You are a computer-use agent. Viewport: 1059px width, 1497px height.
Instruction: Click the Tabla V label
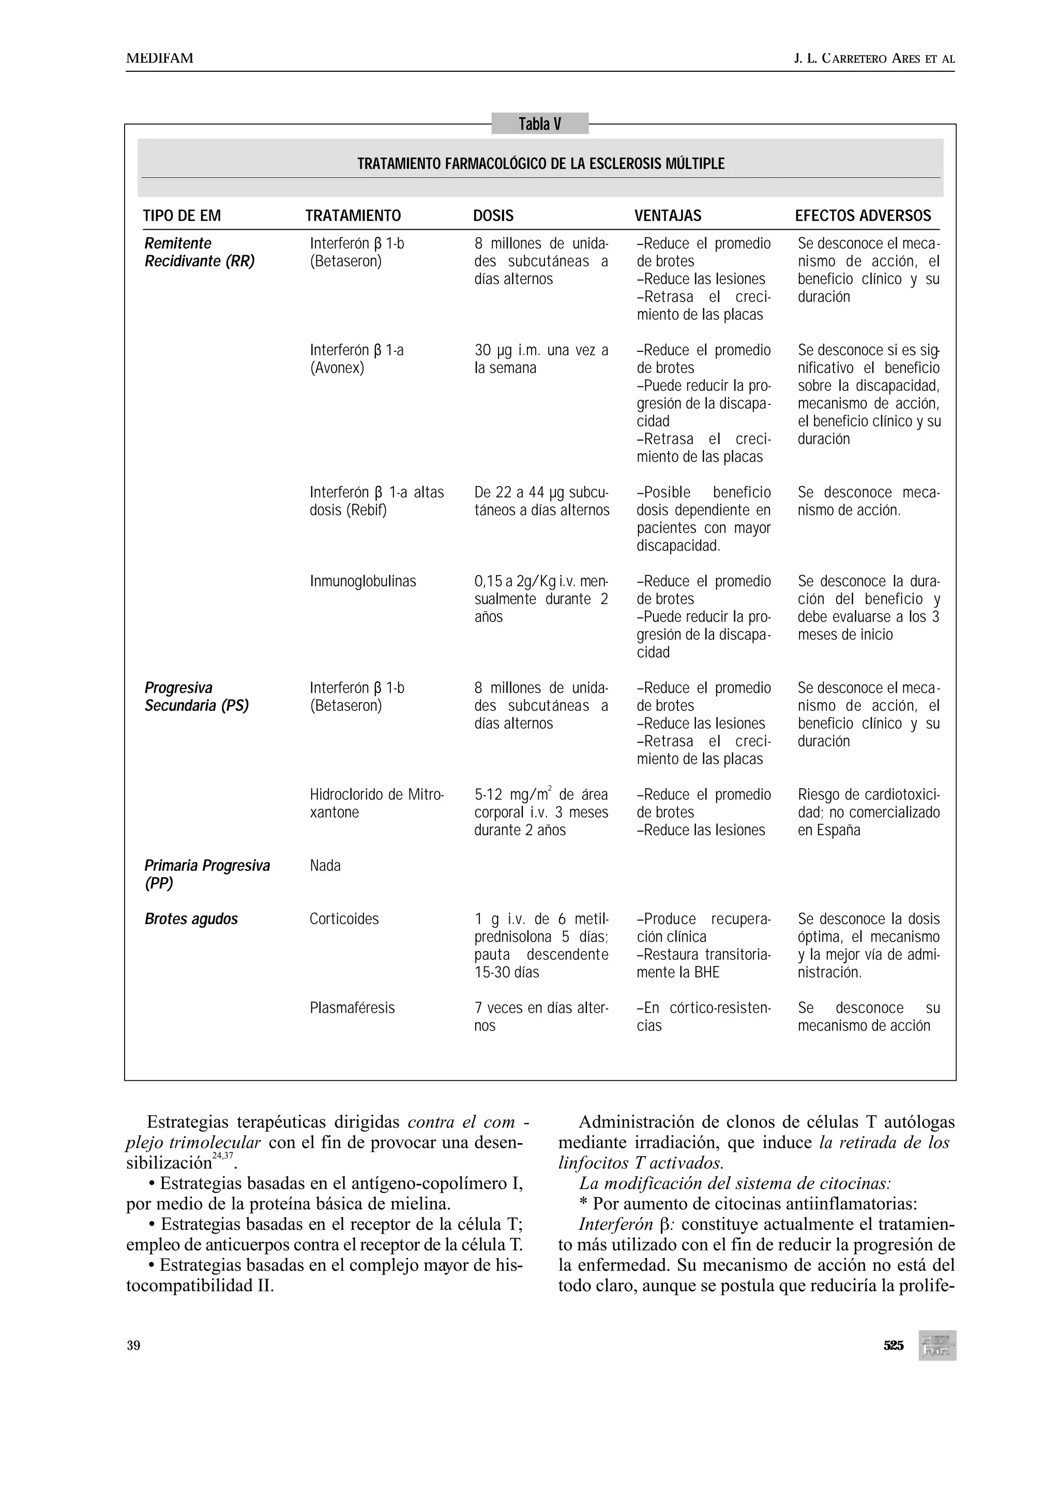(x=540, y=124)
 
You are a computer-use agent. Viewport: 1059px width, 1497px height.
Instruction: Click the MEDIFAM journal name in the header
(x=160, y=59)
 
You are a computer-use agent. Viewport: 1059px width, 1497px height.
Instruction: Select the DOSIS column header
(x=493, y=216)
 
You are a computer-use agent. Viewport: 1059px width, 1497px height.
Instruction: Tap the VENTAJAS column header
(x=668, y=216)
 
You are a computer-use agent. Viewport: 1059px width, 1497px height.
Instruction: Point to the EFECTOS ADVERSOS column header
(x=863, y=216)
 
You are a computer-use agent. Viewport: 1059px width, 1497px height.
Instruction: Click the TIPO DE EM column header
(x=182, y=216)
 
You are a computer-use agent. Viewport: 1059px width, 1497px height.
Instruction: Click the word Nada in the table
(x=325, y=866)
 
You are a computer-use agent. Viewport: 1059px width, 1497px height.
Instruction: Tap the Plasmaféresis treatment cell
(x=352, y=1008)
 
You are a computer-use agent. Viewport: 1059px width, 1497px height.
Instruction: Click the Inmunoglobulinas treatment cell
(x=363, y=581)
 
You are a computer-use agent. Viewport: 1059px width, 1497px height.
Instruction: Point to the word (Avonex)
(x=337, y=368)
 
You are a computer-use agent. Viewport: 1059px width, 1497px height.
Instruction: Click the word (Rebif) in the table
(x=369, y=510)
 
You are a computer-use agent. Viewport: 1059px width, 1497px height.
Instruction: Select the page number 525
(x=893, y=1346)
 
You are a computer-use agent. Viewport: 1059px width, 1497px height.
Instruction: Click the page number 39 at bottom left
(x=133, y=1346)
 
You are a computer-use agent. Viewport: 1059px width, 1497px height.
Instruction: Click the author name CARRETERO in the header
(x=855, y=59)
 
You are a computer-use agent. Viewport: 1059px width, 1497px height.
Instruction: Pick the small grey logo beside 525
(x=937, y=1346)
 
